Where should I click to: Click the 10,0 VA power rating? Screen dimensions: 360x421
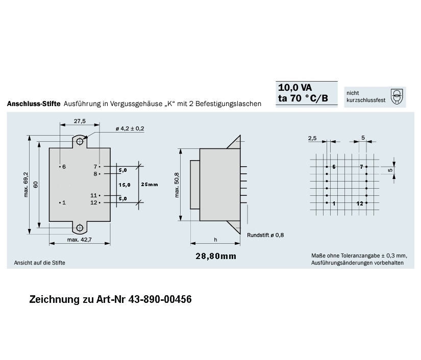point(295,87)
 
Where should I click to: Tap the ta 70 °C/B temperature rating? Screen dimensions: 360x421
point(304,99)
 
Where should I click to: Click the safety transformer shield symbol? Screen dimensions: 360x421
point(397,96)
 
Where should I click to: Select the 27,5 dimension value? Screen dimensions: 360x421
point(80,121)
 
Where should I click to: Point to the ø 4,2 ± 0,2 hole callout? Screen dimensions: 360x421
point(130,128)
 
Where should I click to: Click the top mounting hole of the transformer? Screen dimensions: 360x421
point(79,140)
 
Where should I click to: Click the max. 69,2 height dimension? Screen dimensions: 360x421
point(26,185)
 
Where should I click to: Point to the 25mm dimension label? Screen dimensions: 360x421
point(150,184)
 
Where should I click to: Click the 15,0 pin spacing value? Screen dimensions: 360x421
point(125,184)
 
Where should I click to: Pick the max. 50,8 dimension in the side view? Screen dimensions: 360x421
point(177,185)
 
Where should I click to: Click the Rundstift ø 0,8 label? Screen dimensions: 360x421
point(265,235)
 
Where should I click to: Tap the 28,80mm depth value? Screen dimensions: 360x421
point(216,256)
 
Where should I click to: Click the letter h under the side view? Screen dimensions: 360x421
point(215,240)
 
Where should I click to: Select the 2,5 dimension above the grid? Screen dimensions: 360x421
point(312,138)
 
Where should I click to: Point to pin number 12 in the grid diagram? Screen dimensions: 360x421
point(360,203)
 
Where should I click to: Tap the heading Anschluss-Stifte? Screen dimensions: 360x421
point(34,104)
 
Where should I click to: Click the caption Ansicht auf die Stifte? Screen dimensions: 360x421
point(36,263)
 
